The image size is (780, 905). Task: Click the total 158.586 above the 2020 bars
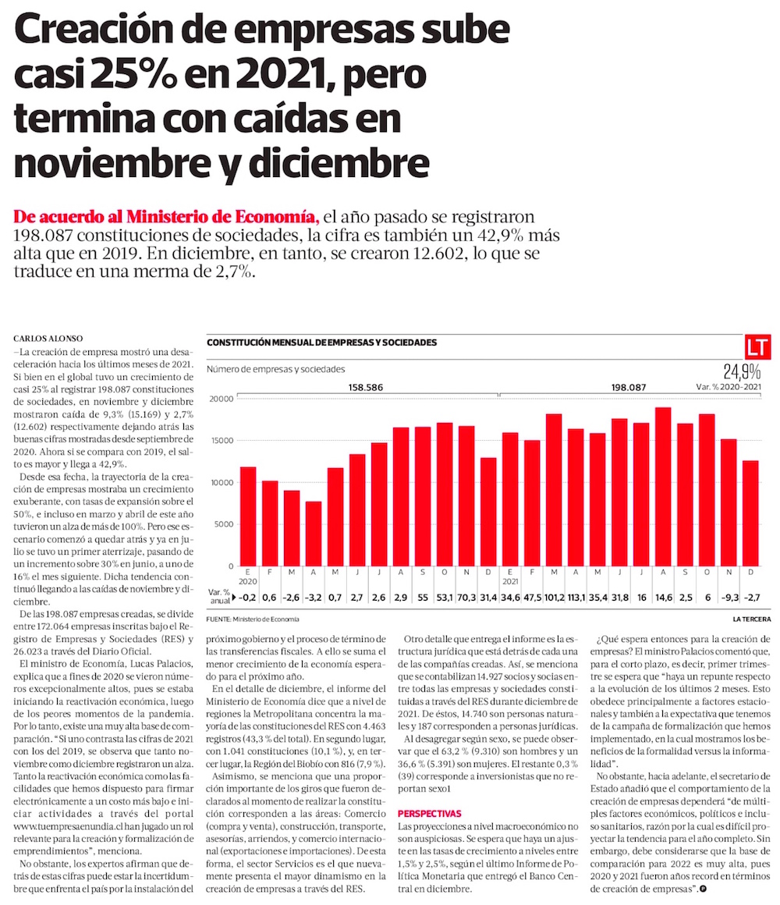click(x=367, y=387)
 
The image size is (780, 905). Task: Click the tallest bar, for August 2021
click(x=663, y=486)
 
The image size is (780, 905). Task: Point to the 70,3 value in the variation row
click(x=466, y=598)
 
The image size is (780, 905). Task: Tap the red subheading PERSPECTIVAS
click(x=429, y=813)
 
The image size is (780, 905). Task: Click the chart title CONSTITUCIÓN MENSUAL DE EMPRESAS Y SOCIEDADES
click(x=321, y=342)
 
